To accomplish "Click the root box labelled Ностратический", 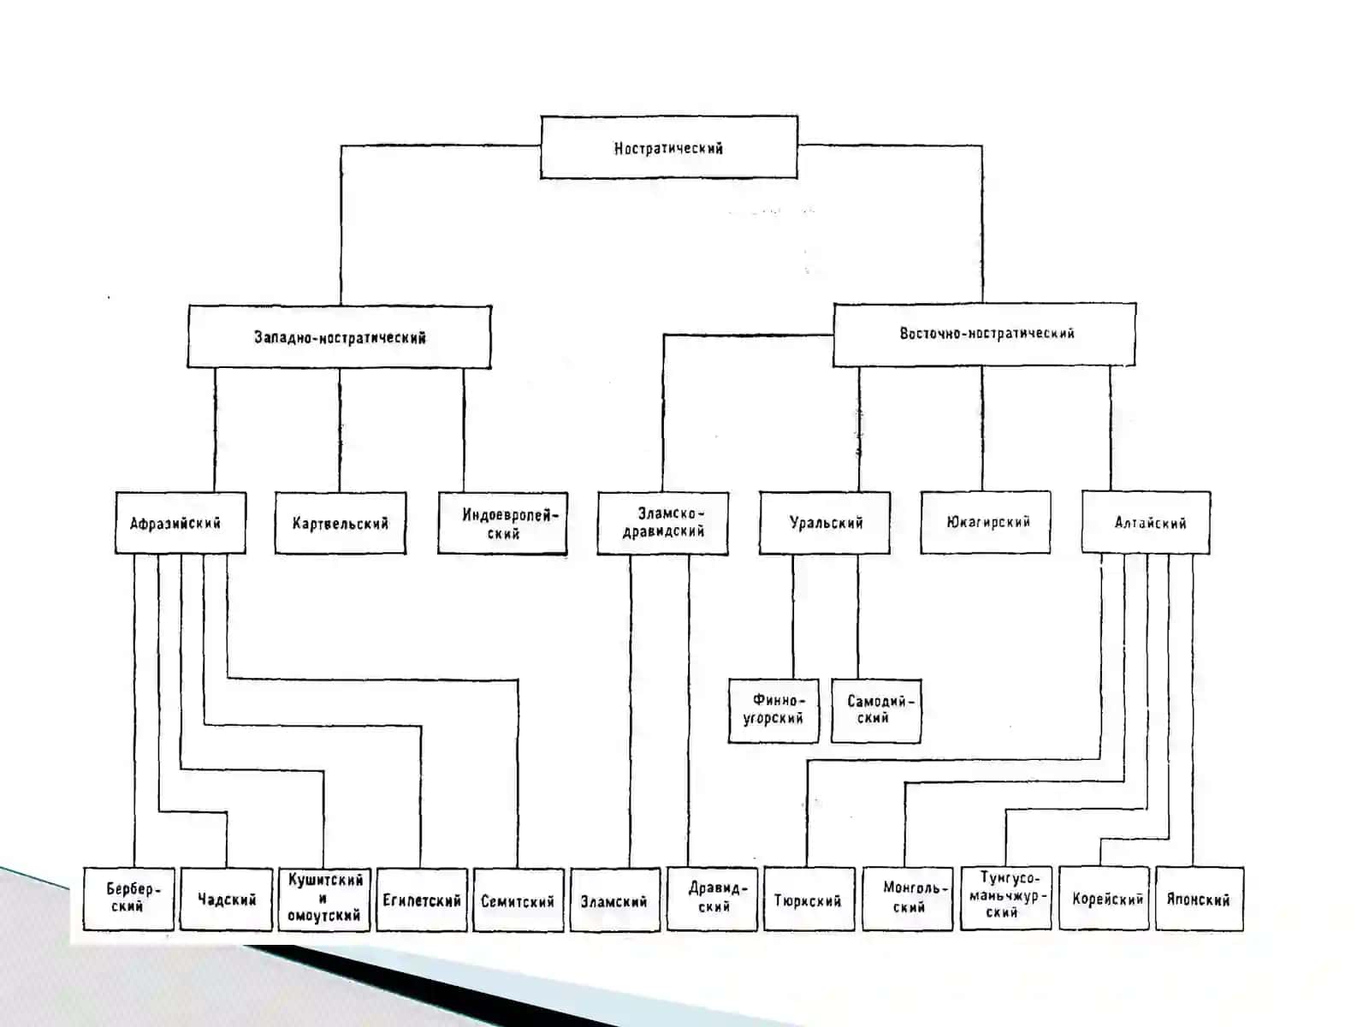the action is (x=668, y=147).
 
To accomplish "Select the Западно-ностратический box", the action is (x=340, y=336).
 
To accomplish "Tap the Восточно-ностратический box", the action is (x=984, y=335).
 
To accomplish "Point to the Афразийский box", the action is (x=181, y=523).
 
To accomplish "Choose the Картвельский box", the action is (x=341, y=523).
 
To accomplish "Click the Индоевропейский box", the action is (x=503, y=523).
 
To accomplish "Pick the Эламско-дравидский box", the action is (x=662, y=523).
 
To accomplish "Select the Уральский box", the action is (x=825, y=522).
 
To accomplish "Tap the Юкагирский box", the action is (x=986, y=521).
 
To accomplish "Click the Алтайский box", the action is (x=1147, y=522).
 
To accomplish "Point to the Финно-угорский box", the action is (x=773, y=711).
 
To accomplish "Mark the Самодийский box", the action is (x=876, y=711).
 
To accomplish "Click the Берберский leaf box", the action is (x=128, y=899).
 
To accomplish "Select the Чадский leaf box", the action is (x=227, y=899).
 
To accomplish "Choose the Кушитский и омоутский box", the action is (x=324, y=899).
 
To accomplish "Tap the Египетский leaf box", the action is (x=422, y=899).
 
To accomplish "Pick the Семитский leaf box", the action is (x=519, y=899).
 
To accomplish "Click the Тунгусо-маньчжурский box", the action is (x=1006, y=898).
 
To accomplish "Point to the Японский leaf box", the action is (x=1200, y=899).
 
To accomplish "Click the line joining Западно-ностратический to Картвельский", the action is (x=340, y=430).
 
